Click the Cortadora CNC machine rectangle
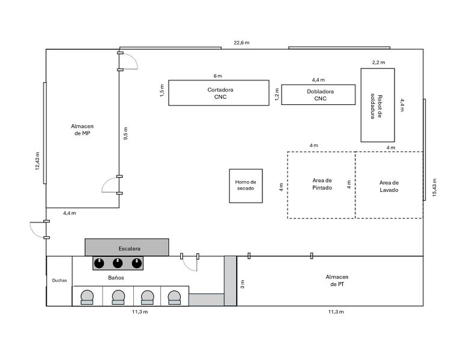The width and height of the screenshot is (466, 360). click(218, 92)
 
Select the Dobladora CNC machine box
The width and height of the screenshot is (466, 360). click(318, 95)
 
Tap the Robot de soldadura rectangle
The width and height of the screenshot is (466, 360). click(377, 105)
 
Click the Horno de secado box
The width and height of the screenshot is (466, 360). click(246, 185)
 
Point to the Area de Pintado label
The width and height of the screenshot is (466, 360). click(321, 184)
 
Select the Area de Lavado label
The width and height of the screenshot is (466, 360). click(389, 186)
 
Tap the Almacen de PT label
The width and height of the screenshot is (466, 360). click(337, 281)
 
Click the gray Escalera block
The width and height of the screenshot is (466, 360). click(127, 247)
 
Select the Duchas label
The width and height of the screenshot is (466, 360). click(59, 280)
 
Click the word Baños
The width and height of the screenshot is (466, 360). click(116, 278)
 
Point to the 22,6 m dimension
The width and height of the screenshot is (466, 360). click(241, 43)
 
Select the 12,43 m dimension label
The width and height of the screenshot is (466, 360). click(38, 161)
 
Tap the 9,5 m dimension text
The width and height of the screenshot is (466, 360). click(126, 133)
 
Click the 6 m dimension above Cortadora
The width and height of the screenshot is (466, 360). click(217, 76)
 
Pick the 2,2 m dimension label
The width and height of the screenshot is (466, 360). click(378, 62)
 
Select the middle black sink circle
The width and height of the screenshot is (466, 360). click(118, 263)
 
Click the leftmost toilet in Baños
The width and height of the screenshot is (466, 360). click(87, 296)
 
